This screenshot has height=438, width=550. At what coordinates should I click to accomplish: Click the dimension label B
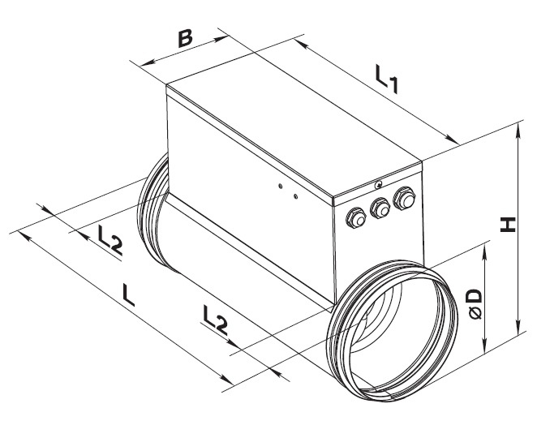(x=185, y=39)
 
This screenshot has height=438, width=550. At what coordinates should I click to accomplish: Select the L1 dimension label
(x=387, y=79)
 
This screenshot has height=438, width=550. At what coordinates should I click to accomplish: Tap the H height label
(x=508, y=225)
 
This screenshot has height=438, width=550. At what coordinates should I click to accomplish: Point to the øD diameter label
(x=475, y=303)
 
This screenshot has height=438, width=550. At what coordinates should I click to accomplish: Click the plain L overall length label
(x=128, y=295)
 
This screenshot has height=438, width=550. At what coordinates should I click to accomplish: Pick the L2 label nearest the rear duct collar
(x=110, y=240)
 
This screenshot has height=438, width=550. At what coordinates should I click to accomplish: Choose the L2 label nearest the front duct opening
(x=215, y=320)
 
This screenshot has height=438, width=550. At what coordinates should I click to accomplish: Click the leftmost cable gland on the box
(x=356, y=218)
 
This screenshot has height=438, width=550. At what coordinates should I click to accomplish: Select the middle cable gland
(x=380, y=208)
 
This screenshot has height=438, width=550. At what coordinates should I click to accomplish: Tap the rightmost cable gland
(x=405, y=199)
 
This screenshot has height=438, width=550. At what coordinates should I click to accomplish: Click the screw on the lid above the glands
(x=378, y=185)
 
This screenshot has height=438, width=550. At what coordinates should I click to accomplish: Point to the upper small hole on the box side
(x=280, y=187)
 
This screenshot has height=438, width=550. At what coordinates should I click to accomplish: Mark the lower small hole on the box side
(x=295, y=196)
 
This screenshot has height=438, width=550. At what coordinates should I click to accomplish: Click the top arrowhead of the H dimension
(x=518, y=131)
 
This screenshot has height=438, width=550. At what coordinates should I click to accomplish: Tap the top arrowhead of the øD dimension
(x=485, y=251)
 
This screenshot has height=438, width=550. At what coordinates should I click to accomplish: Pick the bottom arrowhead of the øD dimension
(x=485, y=345)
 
